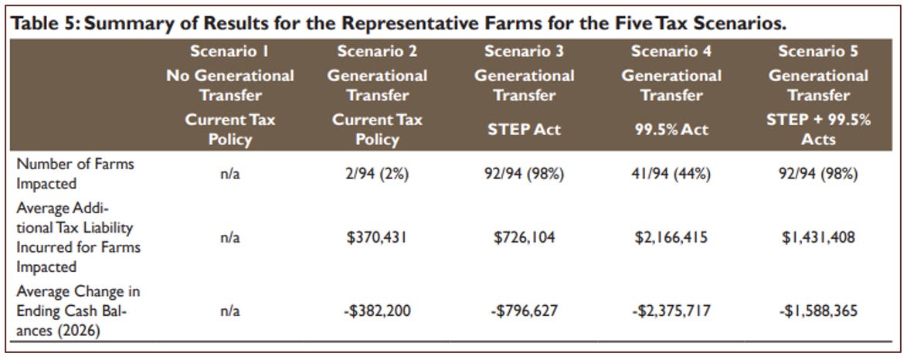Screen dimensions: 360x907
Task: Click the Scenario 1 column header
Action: pyautogui.click(x=229, y=52)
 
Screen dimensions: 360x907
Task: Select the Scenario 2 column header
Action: pyautogui.click(x=377, y=52)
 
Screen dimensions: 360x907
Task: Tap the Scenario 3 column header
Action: pyautogui.click(x=524, y=52)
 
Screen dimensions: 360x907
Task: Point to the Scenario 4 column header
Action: pyautogui.click(x=671, y=52)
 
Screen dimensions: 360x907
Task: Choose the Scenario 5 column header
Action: pyautogui.click(x=818, y=52)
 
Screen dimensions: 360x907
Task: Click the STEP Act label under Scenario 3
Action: pyautogui.click(x=524, y=129)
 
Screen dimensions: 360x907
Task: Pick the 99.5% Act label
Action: pyautogui.click(x=671, y=129)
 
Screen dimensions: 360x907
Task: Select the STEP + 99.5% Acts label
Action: pyautogui.click(x=818, y=129)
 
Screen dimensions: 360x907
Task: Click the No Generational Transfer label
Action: pyautogui.click(x=229, y=86)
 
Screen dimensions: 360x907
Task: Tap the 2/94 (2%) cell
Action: pyautogui.click(x=377, y=174)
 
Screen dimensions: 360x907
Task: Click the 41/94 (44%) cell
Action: pyautogui.click(x=671, y=174)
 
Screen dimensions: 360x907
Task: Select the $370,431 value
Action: pyautogui.click(x=377, y=238)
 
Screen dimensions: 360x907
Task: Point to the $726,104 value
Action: pyautogui.click(x=524, y=238)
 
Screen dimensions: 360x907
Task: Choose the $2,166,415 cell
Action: pyautogui.click(x=671, y=238)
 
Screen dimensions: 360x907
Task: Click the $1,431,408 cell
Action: pyautogui.click(x=818, y=238)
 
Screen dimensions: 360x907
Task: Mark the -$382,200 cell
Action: pyautogui.click(x=377, y=312)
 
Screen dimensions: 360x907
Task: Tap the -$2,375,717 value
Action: pyautogui.click(x=671, y=312)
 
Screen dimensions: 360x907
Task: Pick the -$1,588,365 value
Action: pyautogui.click(x=818, y=312)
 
